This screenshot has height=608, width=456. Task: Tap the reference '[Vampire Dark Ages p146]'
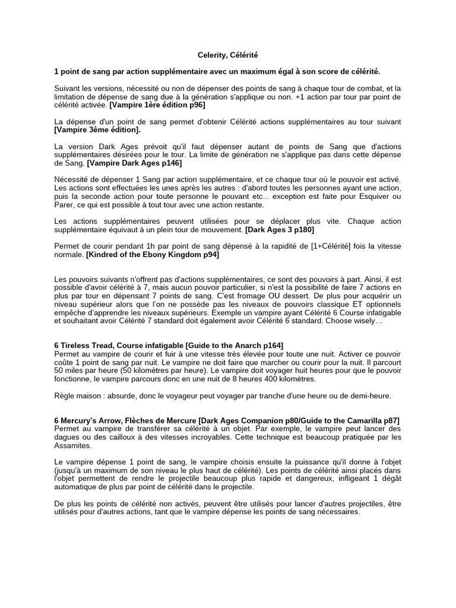coord(134,162)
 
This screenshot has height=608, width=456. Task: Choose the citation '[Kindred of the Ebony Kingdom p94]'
coord(153,254)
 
